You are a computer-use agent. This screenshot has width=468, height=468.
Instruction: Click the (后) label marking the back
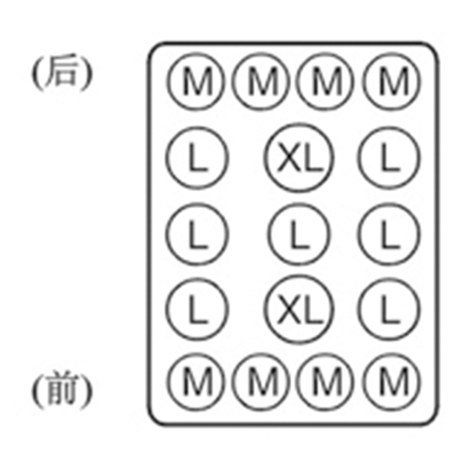[61, 74]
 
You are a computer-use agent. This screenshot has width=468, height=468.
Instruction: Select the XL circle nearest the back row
[298, 157]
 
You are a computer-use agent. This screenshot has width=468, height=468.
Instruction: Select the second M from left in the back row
[262, 81]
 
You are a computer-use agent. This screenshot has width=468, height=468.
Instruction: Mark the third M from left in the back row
[328, 81]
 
